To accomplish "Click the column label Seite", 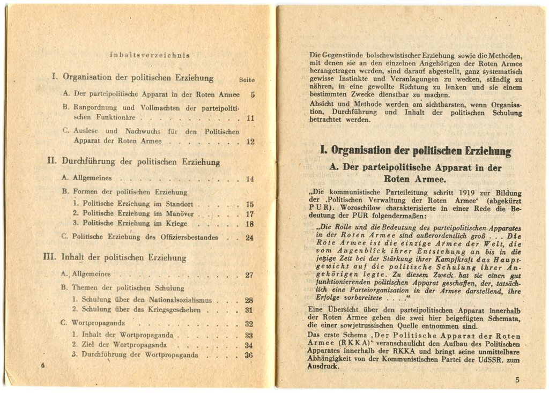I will (x=247, y=80).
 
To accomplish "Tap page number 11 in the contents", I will (x=250, y=117).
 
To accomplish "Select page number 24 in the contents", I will (x=249, y=238).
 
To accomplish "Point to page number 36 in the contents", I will (x=249, y=355).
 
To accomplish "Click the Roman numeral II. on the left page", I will (x=52, y=160).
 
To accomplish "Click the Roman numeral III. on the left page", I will (x=50, y=257).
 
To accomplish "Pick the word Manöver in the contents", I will (x=181, y=214).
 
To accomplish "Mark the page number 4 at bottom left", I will (x=42, y=366).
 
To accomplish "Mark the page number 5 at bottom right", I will (x=517, y=380).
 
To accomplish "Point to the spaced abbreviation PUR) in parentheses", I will (x=321, y=208).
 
